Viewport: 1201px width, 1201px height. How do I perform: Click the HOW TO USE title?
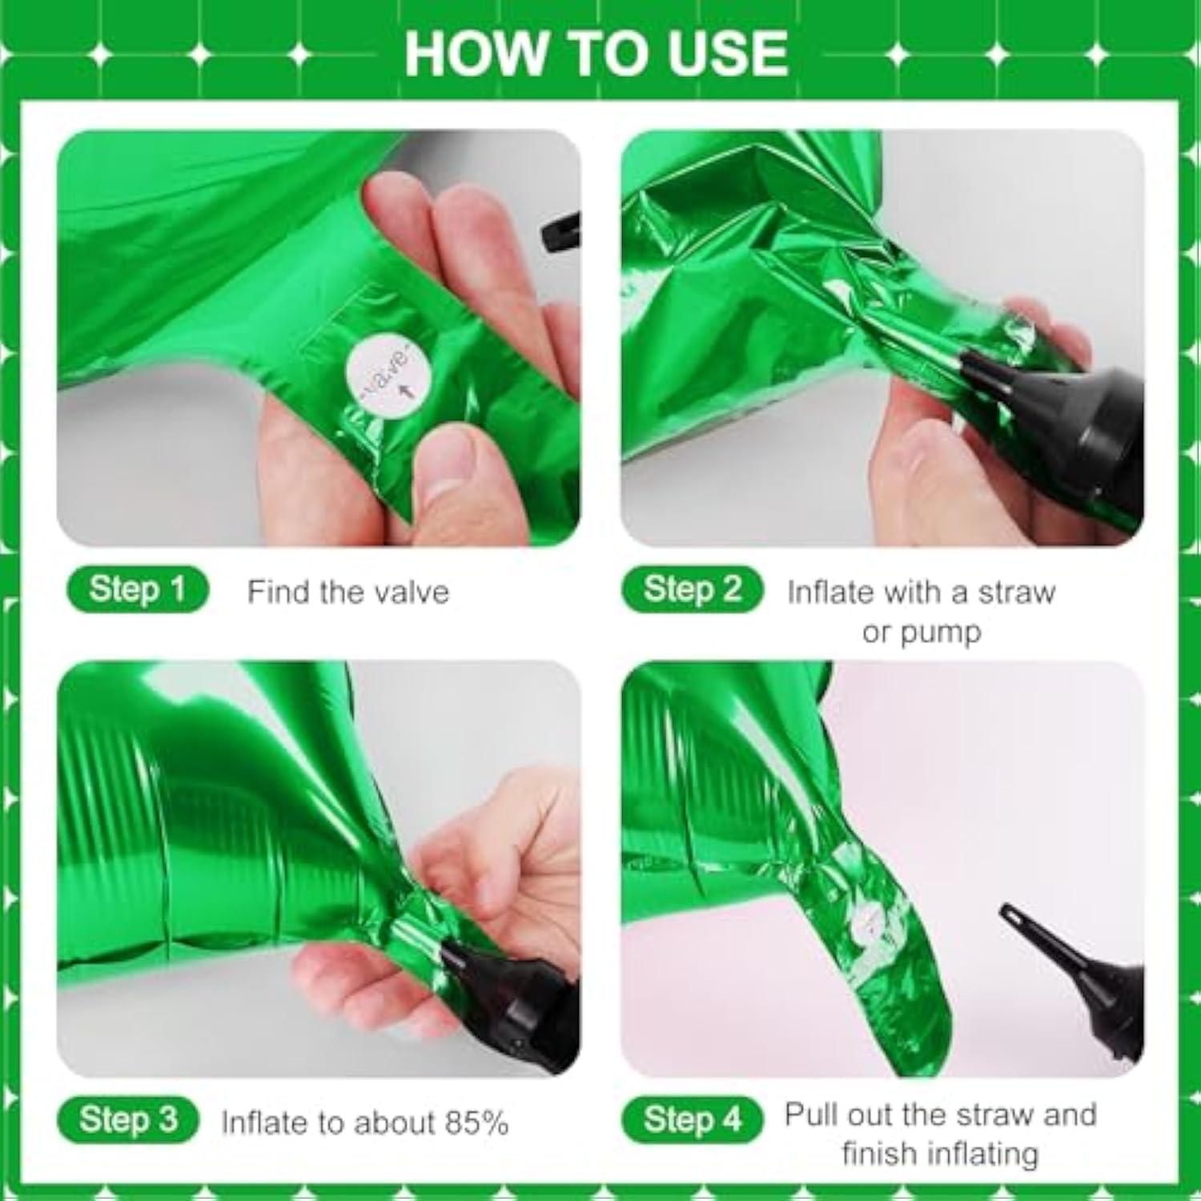(x=596, y=53)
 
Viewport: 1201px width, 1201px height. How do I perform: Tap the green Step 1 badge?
(x=137, y=590)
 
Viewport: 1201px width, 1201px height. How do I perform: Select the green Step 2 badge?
(x=692, y=590)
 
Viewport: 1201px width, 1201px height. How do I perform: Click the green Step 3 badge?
(x=128, y=1119)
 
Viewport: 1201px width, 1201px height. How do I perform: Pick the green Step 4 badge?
(x=692, y=1119)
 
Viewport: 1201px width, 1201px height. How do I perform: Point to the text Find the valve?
(x=348, y=592)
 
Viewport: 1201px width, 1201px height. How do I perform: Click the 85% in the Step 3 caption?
(x=477, y=1123)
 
